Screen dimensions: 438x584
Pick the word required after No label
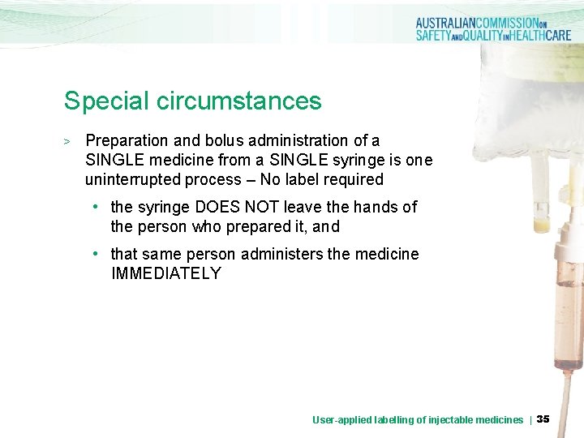(x=352, y=179)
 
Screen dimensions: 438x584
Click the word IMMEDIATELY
(x=165, y=273)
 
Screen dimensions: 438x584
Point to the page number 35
(x=543, y=419)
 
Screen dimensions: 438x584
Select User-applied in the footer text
(x=341, y=419)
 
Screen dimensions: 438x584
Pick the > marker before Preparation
(x=68, y=142)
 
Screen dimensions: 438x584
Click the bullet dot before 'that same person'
(x=96, y=254)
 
